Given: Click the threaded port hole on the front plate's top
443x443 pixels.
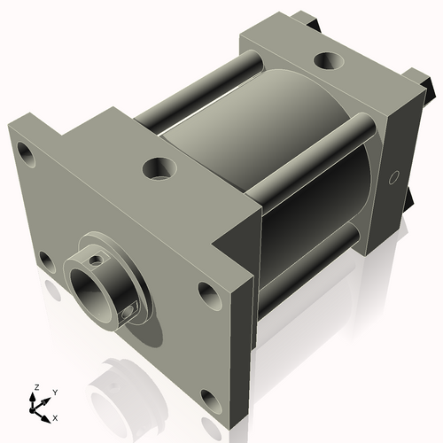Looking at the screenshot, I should tap(160, 167).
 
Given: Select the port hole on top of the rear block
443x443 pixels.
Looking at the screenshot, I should tap(330, 61).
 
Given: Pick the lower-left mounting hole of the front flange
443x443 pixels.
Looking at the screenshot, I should tap(44, 261).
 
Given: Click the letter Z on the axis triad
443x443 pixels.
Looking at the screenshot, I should tap(35, 388).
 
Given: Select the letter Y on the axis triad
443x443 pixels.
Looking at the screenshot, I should tap(54, 392).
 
